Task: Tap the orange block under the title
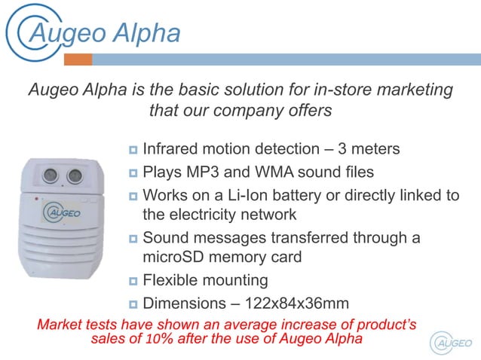pyautogui.click(x=78, y=59)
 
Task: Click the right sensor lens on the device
pyautogui.click(x=75, y=176)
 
